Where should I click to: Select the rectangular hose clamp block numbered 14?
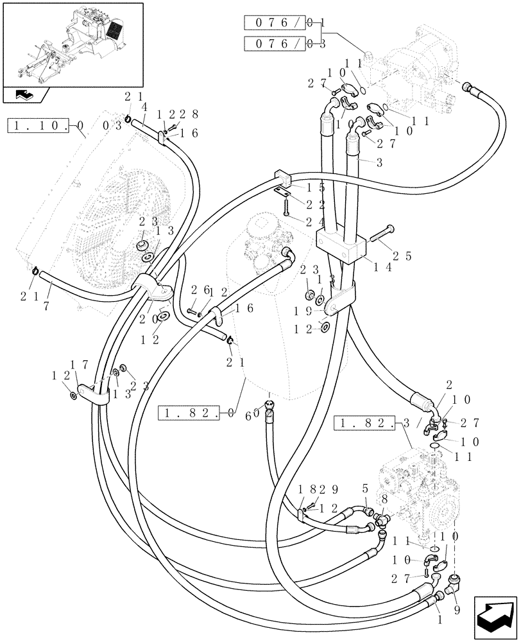coord(341,246)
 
